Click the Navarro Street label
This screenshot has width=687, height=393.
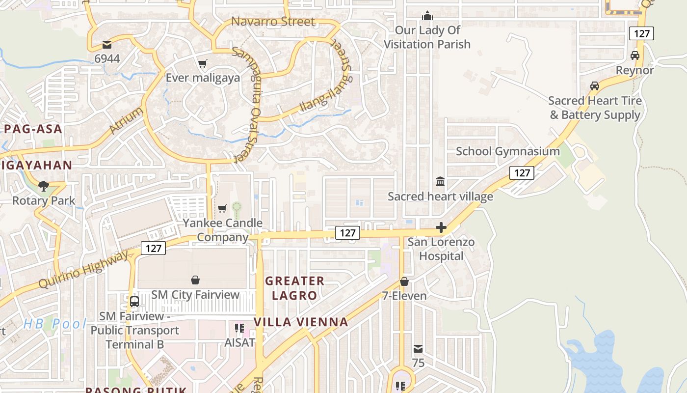(x=273, y=22)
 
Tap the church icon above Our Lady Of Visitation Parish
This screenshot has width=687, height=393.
(x=427, y=16)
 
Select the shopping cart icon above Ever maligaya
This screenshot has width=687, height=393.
(x=202, y=63)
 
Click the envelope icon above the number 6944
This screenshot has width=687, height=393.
(x=106, y=44)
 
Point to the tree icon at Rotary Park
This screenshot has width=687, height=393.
(x=44, y=186)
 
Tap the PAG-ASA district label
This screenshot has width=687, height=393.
(x=33, y=129)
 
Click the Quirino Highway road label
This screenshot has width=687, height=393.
(x=83, y=270)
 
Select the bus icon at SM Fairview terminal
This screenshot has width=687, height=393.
(x=134, y=301)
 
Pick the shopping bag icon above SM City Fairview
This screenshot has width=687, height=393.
(x=195, y=280)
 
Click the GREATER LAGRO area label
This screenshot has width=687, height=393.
(x=294, y=288)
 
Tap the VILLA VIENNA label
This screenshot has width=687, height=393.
(x=301, y=322)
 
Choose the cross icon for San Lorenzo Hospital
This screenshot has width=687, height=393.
(x=441, y=227)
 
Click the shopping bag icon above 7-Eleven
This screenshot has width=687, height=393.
(x=404, y=281)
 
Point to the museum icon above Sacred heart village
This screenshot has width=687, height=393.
(x=440, y=182)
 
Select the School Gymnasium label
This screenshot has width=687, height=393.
(x=508, y=151)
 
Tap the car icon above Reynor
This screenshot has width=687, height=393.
(x=635, y=56)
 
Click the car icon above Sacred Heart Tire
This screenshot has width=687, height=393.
(x=595, y=86)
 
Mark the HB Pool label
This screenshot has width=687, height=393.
(x=54, y=324)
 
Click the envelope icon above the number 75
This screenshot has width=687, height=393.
(x=418, y=349)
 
